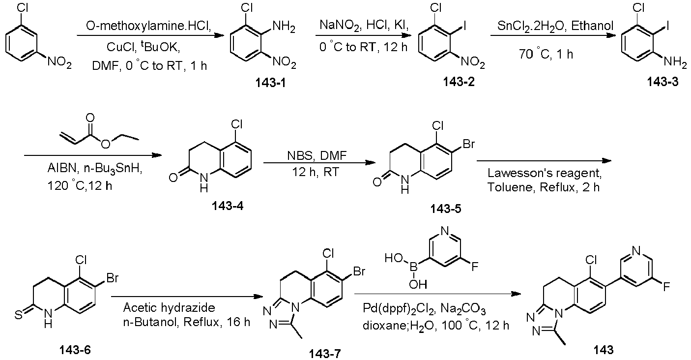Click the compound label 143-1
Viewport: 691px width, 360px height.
click(x=270, y=83)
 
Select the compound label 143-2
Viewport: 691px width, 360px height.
click(x=459, y=82)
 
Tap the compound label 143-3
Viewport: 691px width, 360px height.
click(x=662, y=82)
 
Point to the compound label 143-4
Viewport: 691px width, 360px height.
click(x=228, y=206)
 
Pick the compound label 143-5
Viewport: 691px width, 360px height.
click(x=446, y=209)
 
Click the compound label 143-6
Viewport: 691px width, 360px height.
click(x=75, y=350)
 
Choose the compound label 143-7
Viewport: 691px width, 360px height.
click(x=325, y=353)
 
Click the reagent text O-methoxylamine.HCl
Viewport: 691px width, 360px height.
click(x=148, y=26)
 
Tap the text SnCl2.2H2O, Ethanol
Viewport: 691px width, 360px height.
click(x=555, y=26)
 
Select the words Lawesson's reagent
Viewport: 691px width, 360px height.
click(x=545, y=173)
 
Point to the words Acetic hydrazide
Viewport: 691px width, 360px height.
click(x=169, y=307)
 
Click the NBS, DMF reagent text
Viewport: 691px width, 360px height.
click(x=317, y=155)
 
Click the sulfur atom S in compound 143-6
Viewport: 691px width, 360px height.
click(x=19, y=315)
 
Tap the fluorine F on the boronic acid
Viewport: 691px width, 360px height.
click(x=475, y=266)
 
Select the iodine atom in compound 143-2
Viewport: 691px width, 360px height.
click(x=464, y=26)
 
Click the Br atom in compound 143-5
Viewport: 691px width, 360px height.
click(x=469, y=144)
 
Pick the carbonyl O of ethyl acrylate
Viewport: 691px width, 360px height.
click(x=90, y=118)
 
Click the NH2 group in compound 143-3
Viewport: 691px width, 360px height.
click(x=675, y=62)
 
